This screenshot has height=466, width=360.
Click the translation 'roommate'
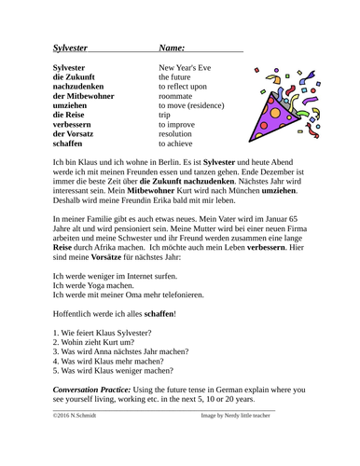(178, 96)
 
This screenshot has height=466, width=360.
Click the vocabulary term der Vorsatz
(80, 133)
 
